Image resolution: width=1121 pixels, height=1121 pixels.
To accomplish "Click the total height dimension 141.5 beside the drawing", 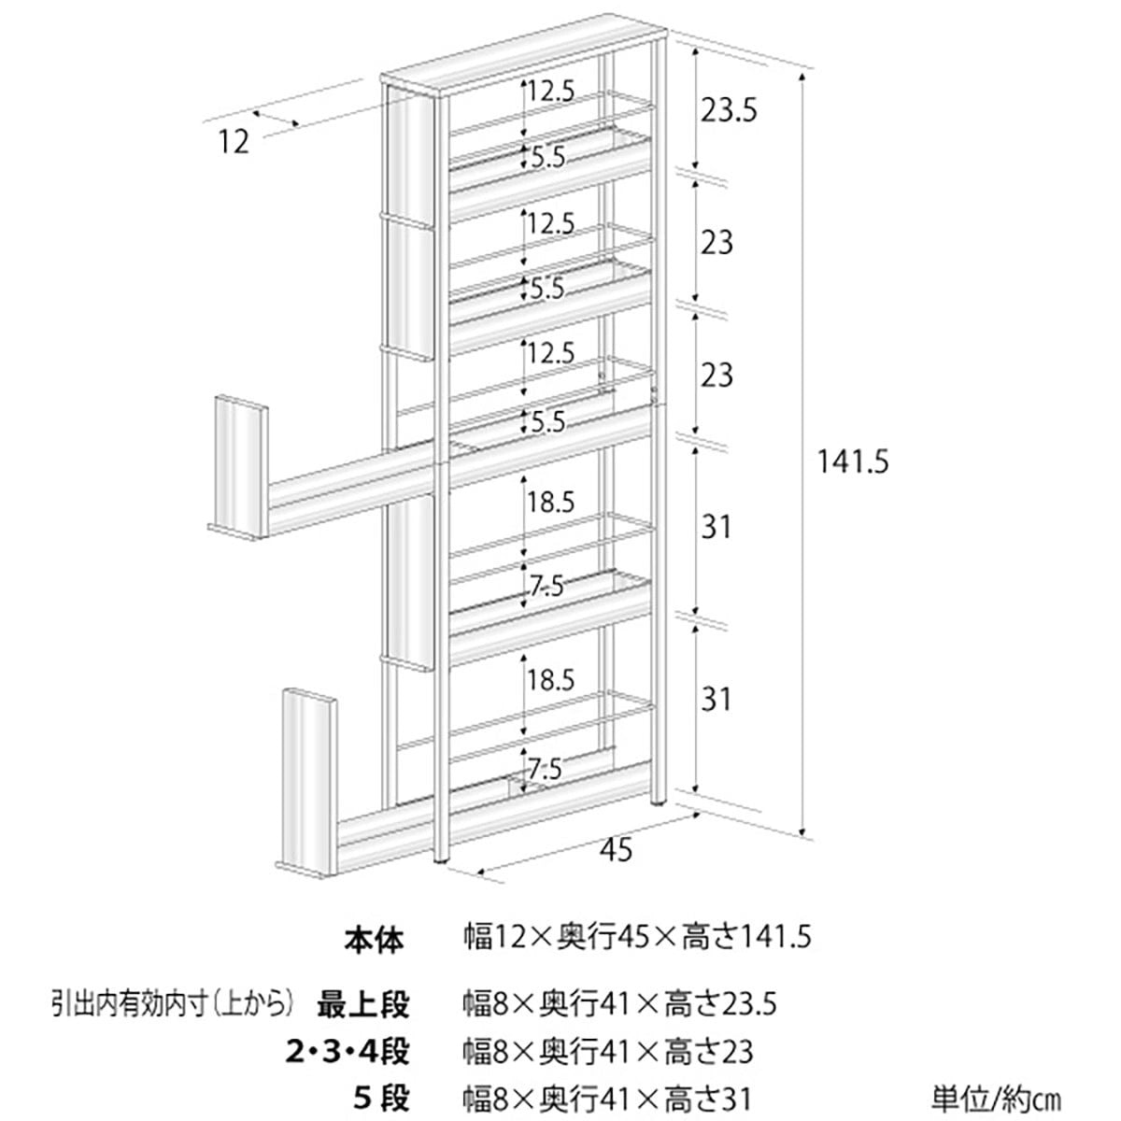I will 850,461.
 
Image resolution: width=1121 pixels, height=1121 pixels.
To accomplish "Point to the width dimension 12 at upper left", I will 234,142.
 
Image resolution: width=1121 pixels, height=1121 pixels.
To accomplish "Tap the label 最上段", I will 363,1005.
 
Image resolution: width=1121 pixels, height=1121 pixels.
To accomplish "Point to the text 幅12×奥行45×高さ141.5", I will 638,937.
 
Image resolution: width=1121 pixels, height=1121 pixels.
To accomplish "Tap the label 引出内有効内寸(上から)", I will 174,1005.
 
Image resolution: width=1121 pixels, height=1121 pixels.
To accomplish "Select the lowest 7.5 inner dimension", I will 545,770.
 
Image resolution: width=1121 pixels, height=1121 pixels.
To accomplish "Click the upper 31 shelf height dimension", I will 716,528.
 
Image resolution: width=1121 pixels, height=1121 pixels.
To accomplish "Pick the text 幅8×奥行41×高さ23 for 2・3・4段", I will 608,1052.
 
